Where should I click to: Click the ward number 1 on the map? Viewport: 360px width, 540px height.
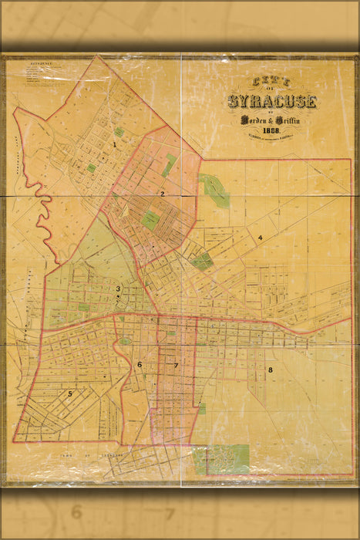(114, 143)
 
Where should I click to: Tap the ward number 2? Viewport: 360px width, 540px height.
(163, 194)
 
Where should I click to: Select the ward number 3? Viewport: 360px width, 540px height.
(118, 289)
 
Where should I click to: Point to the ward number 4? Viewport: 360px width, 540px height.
(261, 238)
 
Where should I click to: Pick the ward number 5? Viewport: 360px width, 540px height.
(70, 393)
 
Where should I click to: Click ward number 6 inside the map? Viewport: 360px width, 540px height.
(140, 364)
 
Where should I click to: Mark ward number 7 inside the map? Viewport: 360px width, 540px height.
(176, 365)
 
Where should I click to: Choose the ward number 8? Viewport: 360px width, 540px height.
(270, 370)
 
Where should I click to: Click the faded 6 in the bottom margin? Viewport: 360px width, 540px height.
(76, 511)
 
